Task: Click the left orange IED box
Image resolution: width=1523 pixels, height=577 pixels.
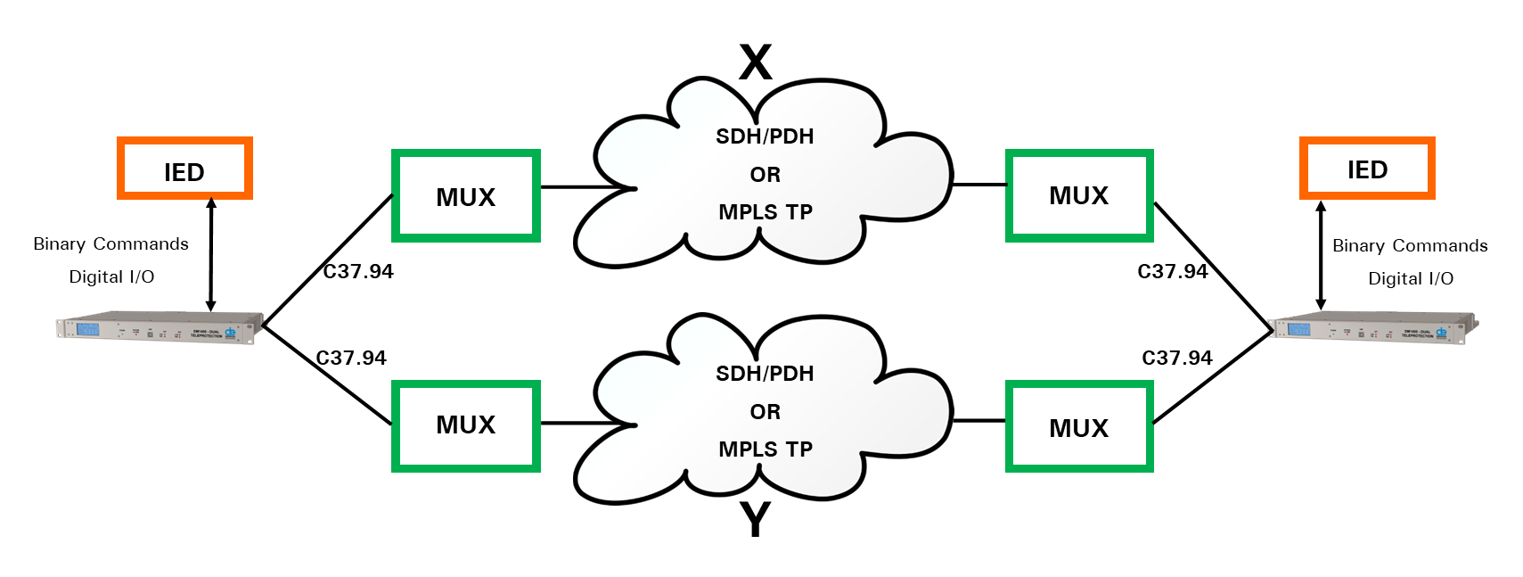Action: point(184,169)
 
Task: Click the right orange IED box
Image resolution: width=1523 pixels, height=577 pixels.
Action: point(1367,168)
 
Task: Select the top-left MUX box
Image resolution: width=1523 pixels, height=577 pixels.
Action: point(466,196)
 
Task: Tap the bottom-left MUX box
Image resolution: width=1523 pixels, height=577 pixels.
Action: point(466,425)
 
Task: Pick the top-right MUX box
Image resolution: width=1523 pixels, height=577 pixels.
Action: point(1079,196)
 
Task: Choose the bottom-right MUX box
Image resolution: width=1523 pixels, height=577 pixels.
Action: point(1079,427)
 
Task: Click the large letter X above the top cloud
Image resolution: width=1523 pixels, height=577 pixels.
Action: point(756,62)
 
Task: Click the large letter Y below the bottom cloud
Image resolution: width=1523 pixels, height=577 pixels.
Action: point(756,520)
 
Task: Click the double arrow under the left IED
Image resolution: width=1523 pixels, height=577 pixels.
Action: point(211,254)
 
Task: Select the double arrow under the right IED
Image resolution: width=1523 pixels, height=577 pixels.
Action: point(1321,255)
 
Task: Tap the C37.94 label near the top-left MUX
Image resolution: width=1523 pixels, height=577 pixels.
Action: point(358,271)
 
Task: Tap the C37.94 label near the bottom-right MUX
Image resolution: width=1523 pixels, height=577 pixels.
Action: point(1177,358)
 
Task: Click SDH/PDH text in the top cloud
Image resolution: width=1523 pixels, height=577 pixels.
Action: point(765,136)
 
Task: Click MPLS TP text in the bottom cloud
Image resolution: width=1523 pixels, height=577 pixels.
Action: point(766,449)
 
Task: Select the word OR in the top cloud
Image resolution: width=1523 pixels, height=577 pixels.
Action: point(765,175)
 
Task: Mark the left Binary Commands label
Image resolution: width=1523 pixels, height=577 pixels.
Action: point(111,243)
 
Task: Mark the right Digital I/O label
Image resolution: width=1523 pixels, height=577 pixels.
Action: point(1411,278)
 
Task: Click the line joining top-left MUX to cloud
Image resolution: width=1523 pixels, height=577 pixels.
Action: point(584,187)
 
